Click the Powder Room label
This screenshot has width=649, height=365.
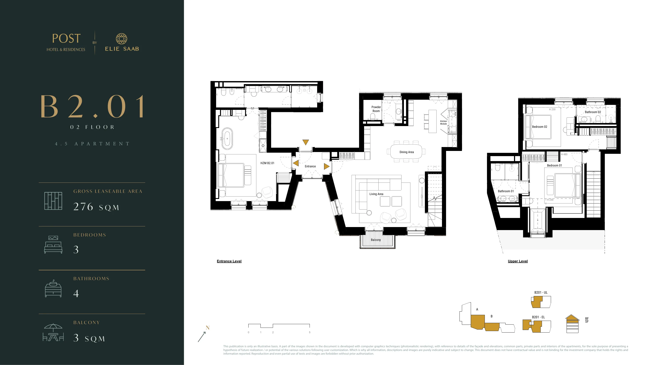click(x=376, y=109)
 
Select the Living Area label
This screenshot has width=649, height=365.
click(x=376, y=194)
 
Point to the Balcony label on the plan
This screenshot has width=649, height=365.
click(x=376, y=240)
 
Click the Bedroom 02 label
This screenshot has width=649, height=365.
click(x=539, y=127)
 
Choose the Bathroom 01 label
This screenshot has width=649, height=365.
click(x=506, y=191)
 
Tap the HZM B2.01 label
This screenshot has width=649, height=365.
click(x=267, y=163)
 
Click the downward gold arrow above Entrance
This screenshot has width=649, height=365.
click(x=306, y=142)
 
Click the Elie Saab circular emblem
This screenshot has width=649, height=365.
click(x=121, y=39)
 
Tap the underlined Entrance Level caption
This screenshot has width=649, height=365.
click(x=229, y=261)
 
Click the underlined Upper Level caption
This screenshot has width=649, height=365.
click(x=518, y=261)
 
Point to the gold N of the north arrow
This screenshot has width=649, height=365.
click(x=208, y=328)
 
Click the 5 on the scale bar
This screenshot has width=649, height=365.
click(x=310, y=333)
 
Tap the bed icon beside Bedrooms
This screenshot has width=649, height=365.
click(x=53, y=245)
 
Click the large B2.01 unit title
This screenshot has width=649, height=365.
click(x=93, y=107)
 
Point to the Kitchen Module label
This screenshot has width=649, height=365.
click(x=443, y=122)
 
